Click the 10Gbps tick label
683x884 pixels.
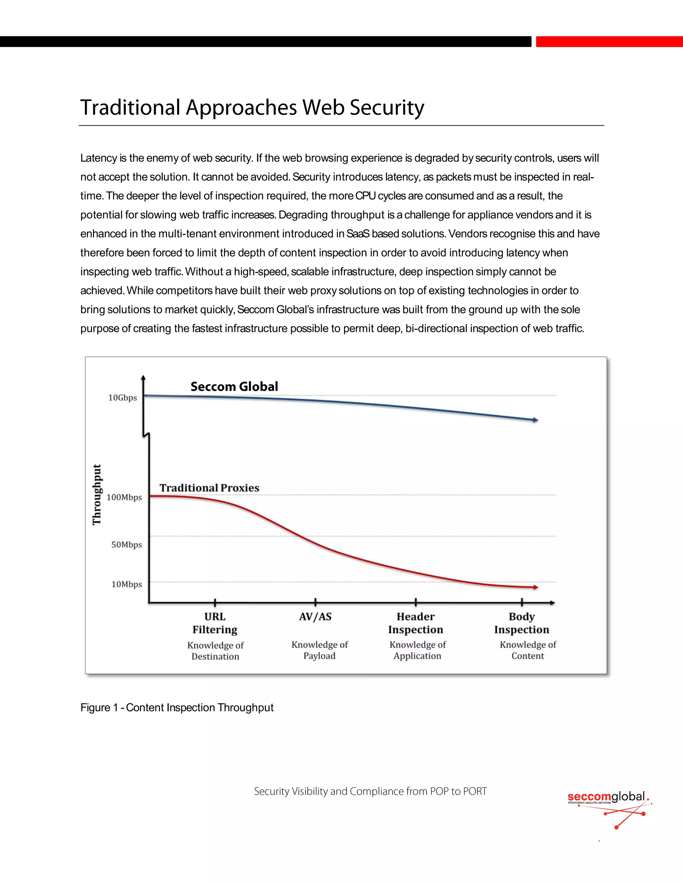123,398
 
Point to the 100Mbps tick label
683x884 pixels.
124,497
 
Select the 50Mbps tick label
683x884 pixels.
127,545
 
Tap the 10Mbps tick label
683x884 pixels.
127,584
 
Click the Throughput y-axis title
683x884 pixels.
97,495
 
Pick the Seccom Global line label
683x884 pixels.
234,387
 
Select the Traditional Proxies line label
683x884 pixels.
209,488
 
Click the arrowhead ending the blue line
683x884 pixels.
535,420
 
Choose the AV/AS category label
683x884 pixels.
315,617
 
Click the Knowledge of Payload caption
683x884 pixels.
319,650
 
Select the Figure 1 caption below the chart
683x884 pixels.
177,708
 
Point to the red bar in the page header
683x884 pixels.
609,42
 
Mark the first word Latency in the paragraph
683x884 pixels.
99,158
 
